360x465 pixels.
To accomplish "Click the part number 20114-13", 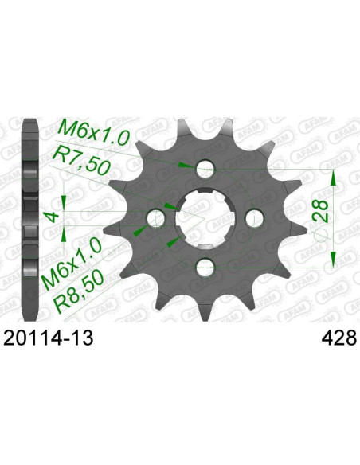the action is coord(48,338).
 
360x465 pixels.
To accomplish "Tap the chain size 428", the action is coord(338,338).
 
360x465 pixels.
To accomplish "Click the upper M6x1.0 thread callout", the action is coord(94,132).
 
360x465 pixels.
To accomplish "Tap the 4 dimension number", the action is coord(53,216).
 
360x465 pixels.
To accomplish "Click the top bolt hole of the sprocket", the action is coord(205,170).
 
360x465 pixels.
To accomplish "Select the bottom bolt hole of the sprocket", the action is coord(205,267).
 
